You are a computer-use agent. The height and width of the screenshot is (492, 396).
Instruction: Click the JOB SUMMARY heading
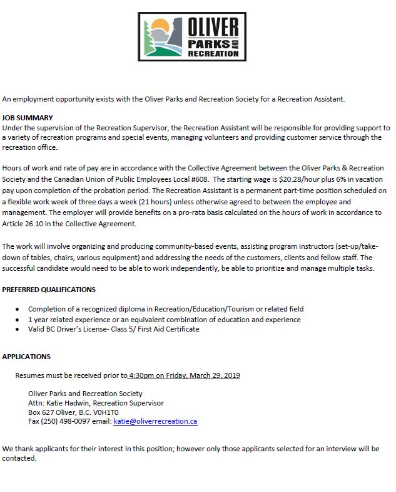pyautogui.click(x=28, y=118)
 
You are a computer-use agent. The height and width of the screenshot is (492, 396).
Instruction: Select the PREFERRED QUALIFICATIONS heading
pyautogui.click(x=49, y=290)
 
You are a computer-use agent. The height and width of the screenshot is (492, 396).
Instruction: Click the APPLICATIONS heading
pyautogui.click(x=26, y=357)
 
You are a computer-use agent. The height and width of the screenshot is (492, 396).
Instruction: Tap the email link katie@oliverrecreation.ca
pyautogui.click(x=155, y=422)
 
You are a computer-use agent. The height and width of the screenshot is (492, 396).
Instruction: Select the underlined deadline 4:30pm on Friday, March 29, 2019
pyautogui.click(x=184, y=375)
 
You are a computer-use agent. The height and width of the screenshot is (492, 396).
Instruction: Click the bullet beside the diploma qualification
pyautogui.click(x=17, y=310)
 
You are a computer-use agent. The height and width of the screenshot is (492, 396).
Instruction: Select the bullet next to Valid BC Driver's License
pyautogui.click(x=17, y=329)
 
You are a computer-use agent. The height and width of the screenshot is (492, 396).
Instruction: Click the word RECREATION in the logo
pyautogui.click(x=215, y=54)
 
